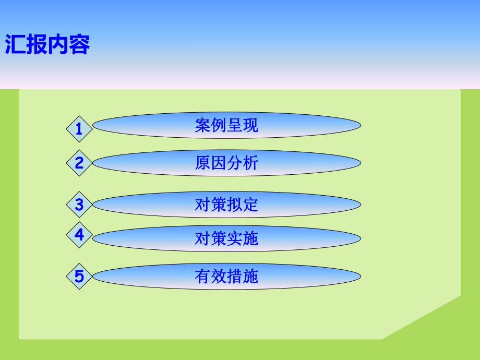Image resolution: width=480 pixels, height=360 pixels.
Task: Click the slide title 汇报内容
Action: coord(47,45)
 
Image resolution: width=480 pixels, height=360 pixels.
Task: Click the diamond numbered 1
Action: coord(79,128)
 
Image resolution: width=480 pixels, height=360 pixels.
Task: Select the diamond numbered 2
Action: coord(79,163)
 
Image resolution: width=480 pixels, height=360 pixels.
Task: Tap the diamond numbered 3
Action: coord(79,205)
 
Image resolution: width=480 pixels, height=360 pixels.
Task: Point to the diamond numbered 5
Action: coord(79,276)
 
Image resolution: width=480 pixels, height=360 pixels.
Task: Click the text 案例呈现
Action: coord(226,126)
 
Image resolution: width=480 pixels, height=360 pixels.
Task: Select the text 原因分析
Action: coord(226,163)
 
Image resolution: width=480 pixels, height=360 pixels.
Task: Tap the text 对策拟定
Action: coord(226,205)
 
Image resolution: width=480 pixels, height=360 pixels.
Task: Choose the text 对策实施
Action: coord(226,238)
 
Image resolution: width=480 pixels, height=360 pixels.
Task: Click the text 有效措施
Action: coord(226,276)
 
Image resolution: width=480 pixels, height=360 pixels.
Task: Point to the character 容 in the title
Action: coord(80,45)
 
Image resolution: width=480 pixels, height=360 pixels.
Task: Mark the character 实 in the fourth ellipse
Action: coord(235,238)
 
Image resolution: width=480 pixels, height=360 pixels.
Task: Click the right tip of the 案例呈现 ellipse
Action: coord(359,126)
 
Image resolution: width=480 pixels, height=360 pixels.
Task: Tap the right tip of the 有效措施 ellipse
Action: coord(359,276)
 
